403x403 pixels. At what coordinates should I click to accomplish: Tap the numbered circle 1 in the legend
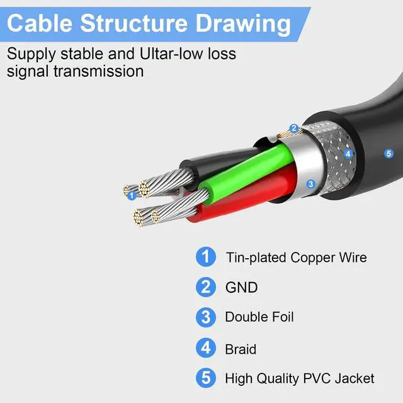click(x=205, y=257)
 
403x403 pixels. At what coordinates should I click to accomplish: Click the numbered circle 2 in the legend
click(x=205, y=287)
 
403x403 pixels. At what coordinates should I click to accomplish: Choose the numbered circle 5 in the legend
click(x=205, y=378)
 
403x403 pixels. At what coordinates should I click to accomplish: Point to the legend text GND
click(x=241, y=288)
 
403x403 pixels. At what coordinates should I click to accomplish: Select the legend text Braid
click(x=241, y=348)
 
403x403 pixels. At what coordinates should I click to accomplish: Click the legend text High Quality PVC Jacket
click(x=300, y=378)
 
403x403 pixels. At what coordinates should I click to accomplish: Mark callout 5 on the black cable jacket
click(x=389, y=153)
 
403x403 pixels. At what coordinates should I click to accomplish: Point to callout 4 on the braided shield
click(x=348, y=153)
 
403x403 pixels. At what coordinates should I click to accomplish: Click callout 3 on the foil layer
click(x=310, y=184)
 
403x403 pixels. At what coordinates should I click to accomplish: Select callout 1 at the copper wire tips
click(x=132, y=195)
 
